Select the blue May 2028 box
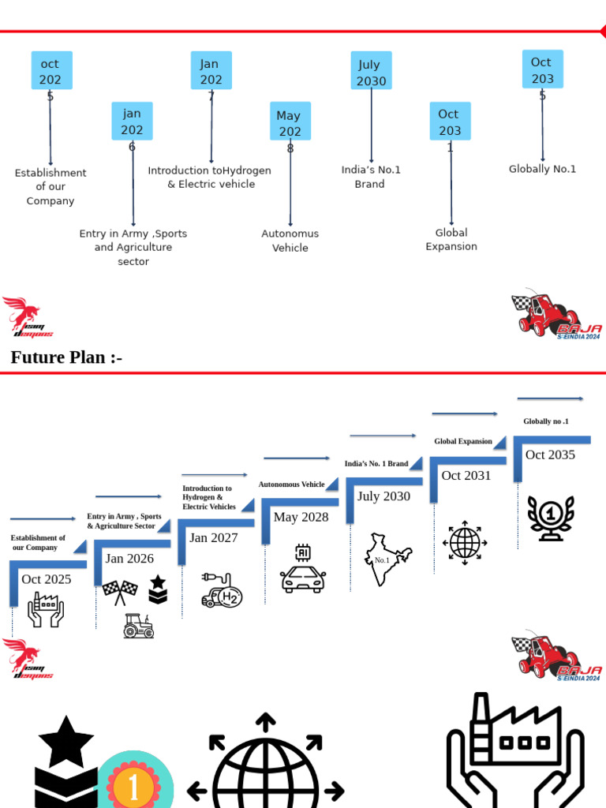coord(290,122)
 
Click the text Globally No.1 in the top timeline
coord(542,169)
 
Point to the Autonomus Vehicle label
coord(290,241)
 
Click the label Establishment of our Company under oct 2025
coord(50,187)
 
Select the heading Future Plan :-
coord(66,357)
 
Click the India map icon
coord(387,559)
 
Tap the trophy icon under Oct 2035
coord(550,518)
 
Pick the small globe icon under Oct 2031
coord(465,543)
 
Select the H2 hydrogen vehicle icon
coord(221,591)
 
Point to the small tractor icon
coord(138,626)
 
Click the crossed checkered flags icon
coord(120,592)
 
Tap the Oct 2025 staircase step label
coord(47,579)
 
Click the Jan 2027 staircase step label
coord(214,538)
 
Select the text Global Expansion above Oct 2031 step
coord(463,441)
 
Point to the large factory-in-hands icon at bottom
coord(514,750)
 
